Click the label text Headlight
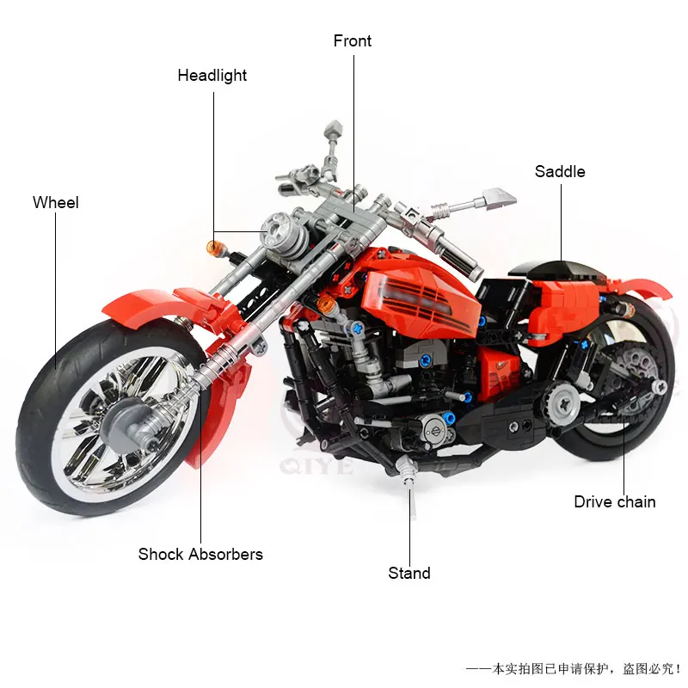[x=212, y=76]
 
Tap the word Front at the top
[x=353, y=41]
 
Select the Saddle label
[x=560, y=171]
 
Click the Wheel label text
[x=56, y=203]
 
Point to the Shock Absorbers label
[x=200, y=554]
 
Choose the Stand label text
[x=409, y=573]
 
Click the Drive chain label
[x=614, y=502]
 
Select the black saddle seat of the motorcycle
[x=550, y=267]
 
